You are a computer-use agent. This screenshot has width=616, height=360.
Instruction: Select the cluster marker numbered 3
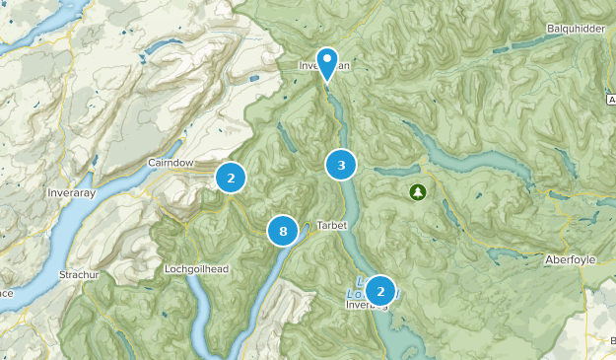[341, 165]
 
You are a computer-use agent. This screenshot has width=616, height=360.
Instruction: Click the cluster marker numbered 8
[283, 231]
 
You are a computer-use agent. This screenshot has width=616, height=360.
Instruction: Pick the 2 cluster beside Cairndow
[231, 178]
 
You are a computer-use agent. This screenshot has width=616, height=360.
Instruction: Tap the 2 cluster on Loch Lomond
[379, 290]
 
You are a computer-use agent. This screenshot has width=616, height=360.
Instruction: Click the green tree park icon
[417, 191]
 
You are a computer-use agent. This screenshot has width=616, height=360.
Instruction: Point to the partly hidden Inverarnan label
[320, 66]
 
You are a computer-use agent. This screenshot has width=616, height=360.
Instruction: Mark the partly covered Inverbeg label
[365, 305]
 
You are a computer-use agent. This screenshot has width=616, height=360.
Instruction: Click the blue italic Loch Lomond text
[359, 292]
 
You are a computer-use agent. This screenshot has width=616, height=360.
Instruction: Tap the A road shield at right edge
[611, 100]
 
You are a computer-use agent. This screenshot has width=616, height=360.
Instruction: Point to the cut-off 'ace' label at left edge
[6, 293]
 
